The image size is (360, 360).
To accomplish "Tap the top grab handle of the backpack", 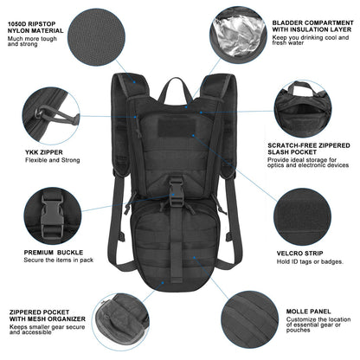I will pos(180,87).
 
